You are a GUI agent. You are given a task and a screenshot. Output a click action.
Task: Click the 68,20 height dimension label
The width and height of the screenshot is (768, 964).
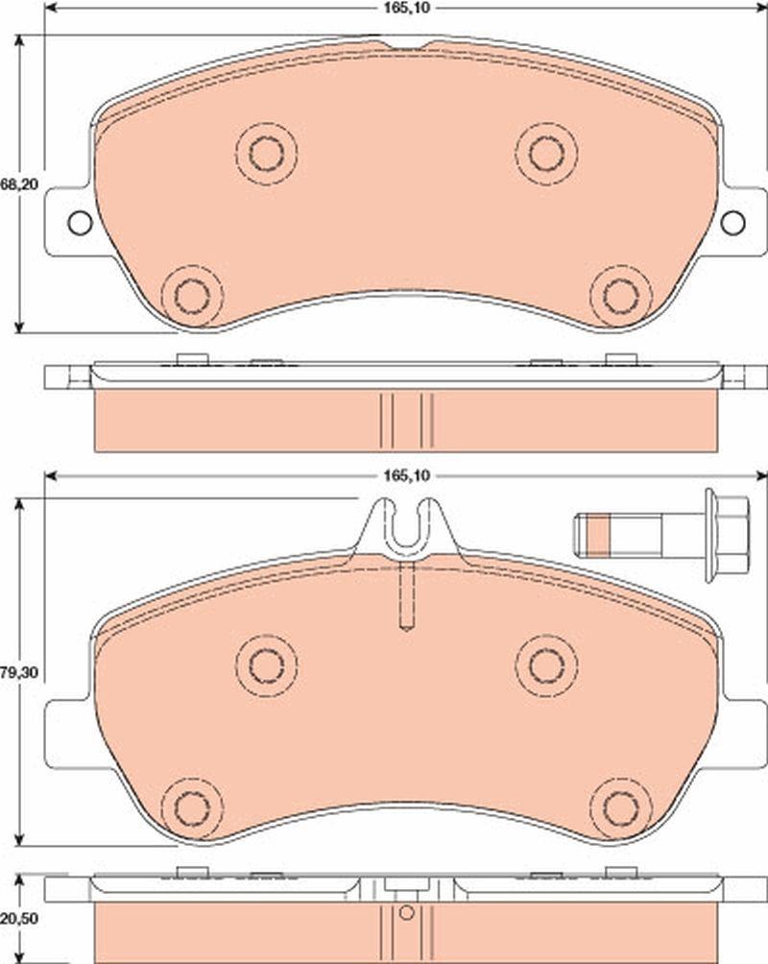click(x=19, y=184)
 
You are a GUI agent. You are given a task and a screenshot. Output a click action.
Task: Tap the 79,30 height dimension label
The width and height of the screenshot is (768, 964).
click(x=19, y=672)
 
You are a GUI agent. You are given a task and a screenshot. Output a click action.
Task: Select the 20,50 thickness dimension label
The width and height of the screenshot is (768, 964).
click(x=19, y=919)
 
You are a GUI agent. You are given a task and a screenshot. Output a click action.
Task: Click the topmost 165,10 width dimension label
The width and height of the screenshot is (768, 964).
click(x=406, y=8)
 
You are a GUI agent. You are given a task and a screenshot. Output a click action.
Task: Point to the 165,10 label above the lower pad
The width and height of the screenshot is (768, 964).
click(x=406, y=475)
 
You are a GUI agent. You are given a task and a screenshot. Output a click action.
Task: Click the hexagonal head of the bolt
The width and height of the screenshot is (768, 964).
click(x=728, y=536)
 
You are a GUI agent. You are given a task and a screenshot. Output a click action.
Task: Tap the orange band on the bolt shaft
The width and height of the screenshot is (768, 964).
click(x=599, y=536)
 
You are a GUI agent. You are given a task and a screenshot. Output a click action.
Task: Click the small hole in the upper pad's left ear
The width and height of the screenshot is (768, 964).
click(x=80, y=222)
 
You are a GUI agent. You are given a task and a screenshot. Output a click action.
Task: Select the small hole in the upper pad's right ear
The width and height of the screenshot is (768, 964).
click(x=732, y=222)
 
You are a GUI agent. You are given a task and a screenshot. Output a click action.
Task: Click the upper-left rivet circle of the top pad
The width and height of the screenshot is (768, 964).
click(x=266, y=153)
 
